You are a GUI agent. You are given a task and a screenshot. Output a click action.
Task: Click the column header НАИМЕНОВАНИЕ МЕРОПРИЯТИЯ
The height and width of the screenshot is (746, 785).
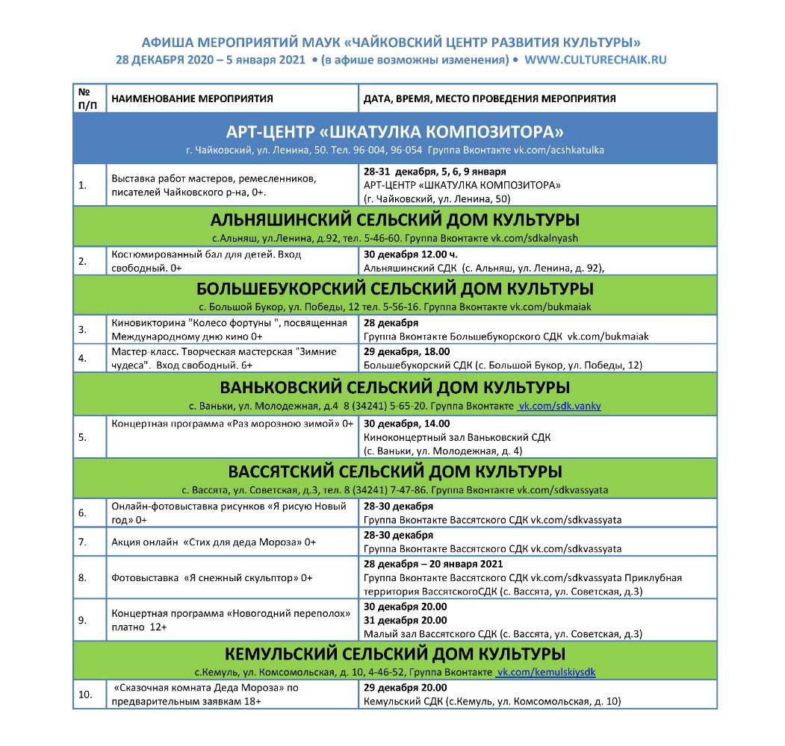point(192,98)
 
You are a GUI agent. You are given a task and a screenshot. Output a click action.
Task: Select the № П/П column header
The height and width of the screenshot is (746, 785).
point(87,98)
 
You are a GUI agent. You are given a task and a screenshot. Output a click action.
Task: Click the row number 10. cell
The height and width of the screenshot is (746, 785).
point(84,695)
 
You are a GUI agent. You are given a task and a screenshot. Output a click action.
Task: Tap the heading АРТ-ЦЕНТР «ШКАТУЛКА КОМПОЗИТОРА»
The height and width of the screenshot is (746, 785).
point(395,132)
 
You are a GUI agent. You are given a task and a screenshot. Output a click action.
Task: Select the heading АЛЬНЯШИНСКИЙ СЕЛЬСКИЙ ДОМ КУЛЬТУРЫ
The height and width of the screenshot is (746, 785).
point(395,221)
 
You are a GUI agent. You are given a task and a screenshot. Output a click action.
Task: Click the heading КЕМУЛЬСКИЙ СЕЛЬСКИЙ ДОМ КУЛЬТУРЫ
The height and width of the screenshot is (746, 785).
point(395,654)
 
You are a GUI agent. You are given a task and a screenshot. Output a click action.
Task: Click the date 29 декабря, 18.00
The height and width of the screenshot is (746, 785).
point(406,351)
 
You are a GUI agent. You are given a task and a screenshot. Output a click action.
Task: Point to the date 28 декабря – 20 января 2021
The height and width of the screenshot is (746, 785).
point(433,564)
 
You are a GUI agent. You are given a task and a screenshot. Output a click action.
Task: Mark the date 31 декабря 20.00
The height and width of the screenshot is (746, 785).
point(406,620)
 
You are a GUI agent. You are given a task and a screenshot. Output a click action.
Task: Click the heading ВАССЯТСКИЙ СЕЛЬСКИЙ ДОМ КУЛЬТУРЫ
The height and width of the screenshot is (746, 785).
point(395,472)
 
